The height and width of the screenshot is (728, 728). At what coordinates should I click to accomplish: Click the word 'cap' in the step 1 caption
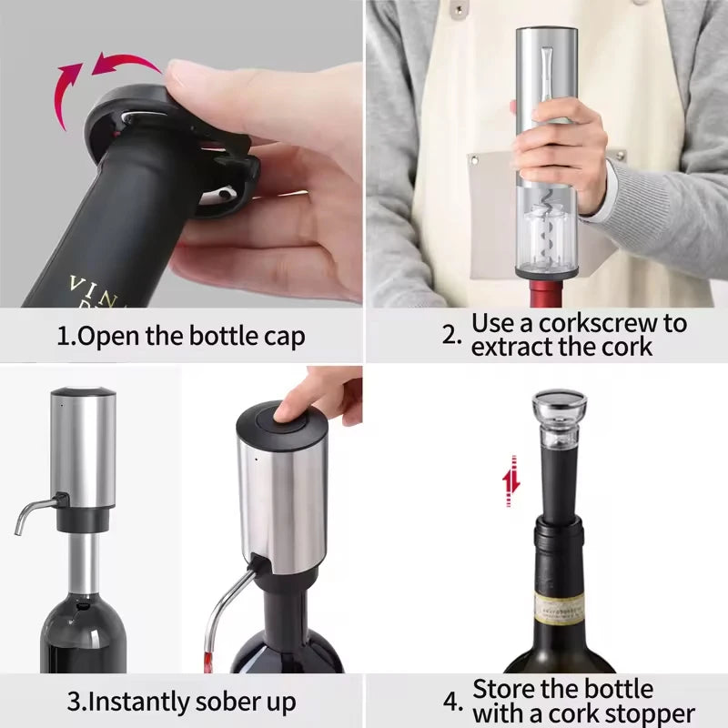[281, 336]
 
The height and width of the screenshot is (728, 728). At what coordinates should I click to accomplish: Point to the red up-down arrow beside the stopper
[511, 480]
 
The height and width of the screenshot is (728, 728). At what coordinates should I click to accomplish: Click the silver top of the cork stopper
[558, 401]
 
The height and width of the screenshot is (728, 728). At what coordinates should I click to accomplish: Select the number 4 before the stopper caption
[452, 702]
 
